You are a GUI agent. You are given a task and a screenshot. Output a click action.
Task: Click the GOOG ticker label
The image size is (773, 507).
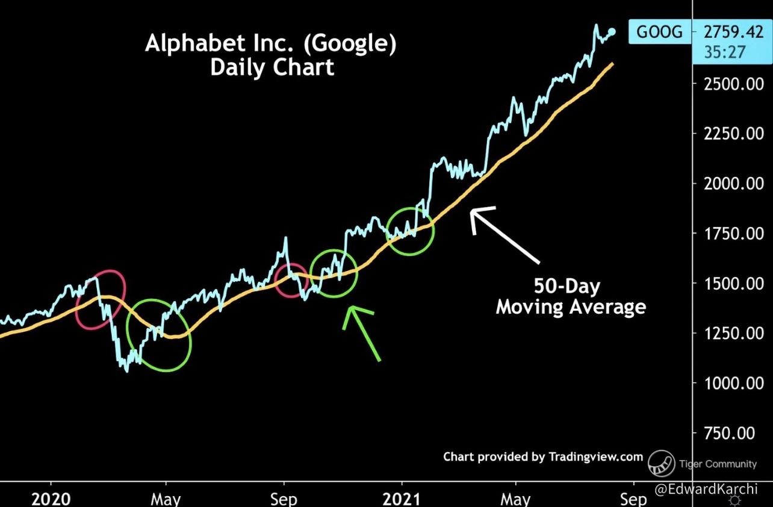(659, 31)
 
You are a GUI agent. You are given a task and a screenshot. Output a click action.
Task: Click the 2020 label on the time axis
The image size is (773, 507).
(51, 499)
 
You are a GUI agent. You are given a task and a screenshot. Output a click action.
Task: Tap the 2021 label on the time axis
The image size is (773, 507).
(402, 499)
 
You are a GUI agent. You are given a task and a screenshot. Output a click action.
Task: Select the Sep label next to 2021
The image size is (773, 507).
(633, 499)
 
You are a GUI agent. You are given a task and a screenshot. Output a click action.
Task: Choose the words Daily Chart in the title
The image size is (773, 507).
(272, 67)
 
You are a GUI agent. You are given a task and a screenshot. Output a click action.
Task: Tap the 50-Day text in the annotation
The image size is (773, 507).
(567, 285)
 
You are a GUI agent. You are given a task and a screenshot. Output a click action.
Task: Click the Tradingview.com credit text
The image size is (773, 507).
(595, 457)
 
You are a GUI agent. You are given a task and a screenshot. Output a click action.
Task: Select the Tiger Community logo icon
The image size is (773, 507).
(661, 463)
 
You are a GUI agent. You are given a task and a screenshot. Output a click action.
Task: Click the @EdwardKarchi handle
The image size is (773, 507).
(706, 489)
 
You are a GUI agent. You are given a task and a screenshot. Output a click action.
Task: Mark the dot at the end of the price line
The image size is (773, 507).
(612, 32)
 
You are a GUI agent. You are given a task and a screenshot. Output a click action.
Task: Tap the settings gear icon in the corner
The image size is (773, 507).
(734, 500)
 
